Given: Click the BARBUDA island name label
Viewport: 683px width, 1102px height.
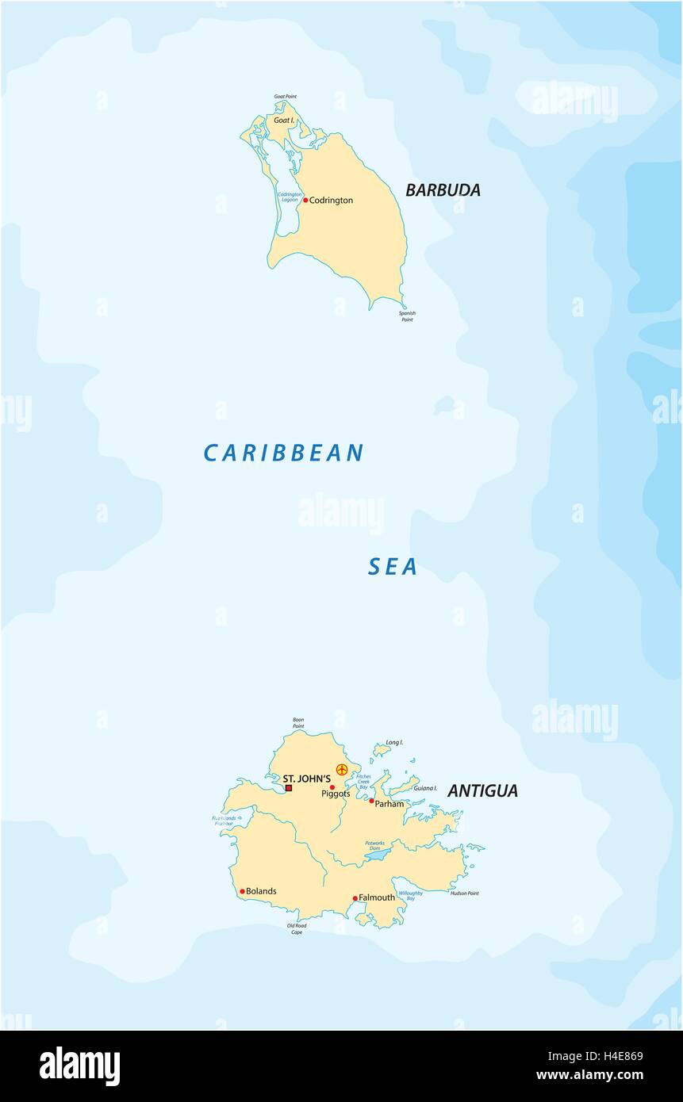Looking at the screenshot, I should click(443, 190).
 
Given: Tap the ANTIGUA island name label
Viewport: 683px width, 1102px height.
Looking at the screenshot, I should click(482, 790).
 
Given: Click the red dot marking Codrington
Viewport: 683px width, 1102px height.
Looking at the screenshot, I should click(305, 201).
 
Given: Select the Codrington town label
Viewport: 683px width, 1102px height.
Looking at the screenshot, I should click(331, 201).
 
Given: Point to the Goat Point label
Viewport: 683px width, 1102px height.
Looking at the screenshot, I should click(285, 97).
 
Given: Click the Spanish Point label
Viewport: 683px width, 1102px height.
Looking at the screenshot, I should click(407, 316).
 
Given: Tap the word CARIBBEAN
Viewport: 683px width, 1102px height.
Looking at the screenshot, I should click(283, 453).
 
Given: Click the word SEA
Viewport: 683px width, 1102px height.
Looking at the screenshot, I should click(393, 567).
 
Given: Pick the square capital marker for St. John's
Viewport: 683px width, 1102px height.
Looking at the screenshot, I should click(289, 788).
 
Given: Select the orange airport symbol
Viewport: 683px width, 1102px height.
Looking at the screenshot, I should click(342, 769).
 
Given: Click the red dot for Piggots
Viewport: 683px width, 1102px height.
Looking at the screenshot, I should click(332, 787).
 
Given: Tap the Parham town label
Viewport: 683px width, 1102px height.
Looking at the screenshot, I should click(389, 803).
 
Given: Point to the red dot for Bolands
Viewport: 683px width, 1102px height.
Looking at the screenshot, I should click(242, 891).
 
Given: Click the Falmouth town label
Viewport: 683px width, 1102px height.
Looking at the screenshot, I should click(376, 898).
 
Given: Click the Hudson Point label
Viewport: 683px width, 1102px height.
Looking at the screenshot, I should click(464, 893).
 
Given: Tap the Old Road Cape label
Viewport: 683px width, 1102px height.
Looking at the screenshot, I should click(297, 928).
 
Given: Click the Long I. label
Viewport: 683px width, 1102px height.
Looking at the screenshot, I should click(394, 743).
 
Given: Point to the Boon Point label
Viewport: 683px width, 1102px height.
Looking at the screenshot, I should click(298, 722).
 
